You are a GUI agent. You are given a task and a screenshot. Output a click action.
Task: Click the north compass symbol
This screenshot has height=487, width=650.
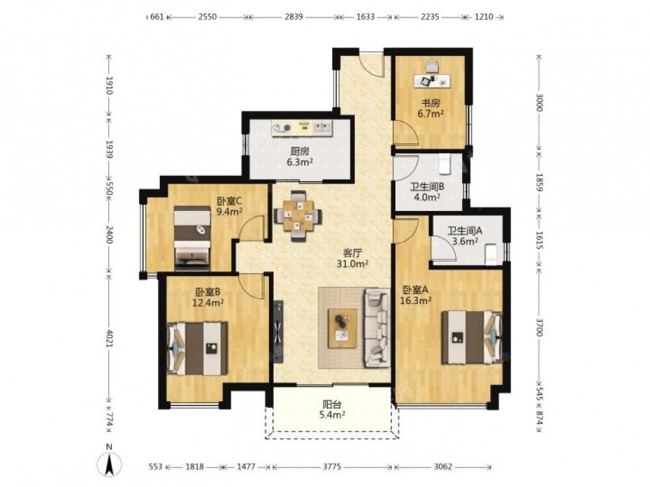pos(109,462)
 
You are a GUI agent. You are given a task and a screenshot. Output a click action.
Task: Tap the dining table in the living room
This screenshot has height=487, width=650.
pos(297,216)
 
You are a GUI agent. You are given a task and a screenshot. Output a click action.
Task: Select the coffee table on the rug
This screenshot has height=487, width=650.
pos(343,328)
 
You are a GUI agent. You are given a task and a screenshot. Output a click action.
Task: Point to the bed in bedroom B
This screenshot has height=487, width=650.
pos(197,348)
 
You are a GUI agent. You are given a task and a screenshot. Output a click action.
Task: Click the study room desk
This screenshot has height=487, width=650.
pos(432,81)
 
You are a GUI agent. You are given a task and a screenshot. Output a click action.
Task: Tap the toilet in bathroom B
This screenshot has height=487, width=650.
pos(445,164)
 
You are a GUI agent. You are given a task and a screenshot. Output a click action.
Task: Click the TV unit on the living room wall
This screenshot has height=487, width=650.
pos(278,331)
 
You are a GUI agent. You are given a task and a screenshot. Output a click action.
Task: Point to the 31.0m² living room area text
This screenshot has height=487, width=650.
pos(354,264)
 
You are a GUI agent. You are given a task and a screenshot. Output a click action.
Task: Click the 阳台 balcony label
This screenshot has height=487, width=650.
pos(332,404)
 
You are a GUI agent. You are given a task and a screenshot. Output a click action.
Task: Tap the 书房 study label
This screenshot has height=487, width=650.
pos(431,103)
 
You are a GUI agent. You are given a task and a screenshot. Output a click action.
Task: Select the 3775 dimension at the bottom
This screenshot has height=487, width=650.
pos(332,467)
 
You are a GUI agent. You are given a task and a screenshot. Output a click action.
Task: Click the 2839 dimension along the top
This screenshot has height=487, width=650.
pos(294,17)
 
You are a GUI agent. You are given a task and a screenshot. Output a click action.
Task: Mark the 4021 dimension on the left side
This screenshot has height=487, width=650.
pos(109,338)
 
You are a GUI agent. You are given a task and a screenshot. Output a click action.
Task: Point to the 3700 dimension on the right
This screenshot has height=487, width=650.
pos(539,327)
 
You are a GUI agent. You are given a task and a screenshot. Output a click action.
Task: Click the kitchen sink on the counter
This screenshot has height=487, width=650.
pos(322,127)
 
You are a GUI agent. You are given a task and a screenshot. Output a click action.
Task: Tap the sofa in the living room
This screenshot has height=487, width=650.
pos(377,328)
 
